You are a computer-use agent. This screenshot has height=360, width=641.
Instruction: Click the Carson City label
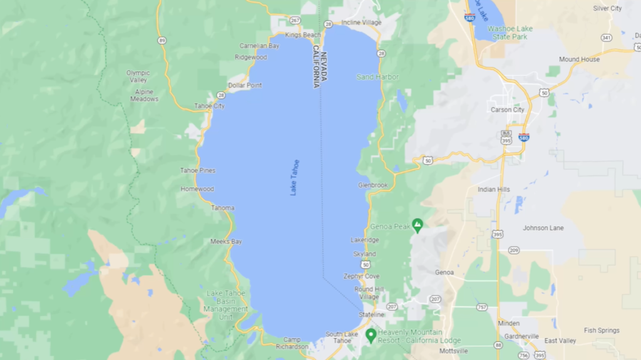pos(507,110)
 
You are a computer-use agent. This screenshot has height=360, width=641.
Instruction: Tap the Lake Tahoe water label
pos(295,178)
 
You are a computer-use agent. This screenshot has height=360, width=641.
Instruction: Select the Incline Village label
pos(361,23)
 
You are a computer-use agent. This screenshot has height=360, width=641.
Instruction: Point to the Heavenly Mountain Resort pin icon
pos(371,336)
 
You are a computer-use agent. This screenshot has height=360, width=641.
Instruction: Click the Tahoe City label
pos(209,106)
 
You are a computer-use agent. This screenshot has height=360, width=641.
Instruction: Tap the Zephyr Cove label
pos(361,276)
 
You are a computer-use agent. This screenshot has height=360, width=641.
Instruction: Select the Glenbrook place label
pos(373,185)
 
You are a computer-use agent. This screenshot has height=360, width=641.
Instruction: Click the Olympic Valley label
pos(138,76)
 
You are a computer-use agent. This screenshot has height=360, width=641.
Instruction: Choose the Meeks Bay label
pos(226,242)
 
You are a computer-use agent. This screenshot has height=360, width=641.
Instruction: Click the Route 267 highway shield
pos(295,21)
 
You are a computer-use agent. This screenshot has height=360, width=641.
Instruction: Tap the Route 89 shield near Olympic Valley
pos(162,41)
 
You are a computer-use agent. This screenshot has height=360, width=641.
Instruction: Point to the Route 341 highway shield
pos(606,38)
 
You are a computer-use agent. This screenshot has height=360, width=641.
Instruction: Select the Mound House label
pos(579,59)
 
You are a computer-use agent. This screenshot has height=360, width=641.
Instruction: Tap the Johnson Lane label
pos(543,228)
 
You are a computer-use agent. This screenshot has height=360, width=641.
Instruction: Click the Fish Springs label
pos(602,331)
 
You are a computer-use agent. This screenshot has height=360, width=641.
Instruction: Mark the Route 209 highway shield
pos(514,250)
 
